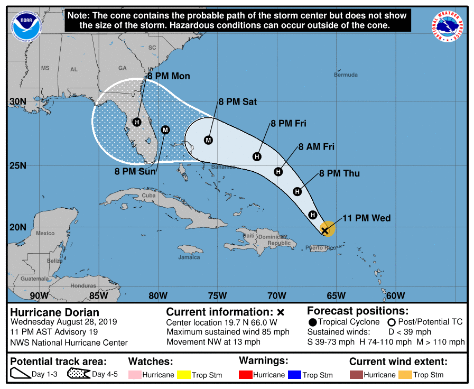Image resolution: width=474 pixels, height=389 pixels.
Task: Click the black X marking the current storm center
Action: point(325,230)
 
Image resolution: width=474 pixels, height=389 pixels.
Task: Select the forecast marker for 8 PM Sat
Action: point(208,140)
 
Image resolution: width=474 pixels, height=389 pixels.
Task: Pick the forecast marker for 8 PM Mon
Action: point(137,122)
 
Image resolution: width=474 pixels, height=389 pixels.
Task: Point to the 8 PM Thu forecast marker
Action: point(298,191)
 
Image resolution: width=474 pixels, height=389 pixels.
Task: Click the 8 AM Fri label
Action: point(316,146)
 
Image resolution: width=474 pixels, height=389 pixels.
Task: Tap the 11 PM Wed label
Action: point(366,218)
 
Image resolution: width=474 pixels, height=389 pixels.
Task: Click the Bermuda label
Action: point(346,75)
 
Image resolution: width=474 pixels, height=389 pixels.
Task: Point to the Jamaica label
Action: point(189,257)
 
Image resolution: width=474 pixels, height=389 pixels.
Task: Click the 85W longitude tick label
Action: point(98,295)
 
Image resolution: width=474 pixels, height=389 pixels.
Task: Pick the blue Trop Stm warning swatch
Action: point(294,375)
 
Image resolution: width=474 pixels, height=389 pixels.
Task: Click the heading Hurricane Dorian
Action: point(55,312)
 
